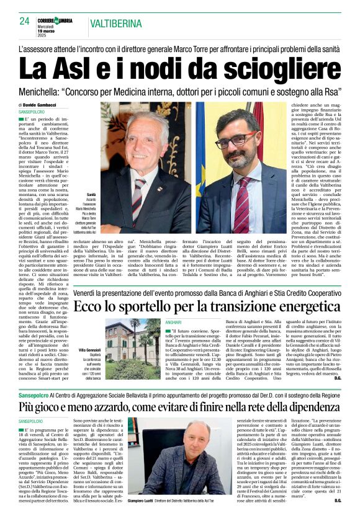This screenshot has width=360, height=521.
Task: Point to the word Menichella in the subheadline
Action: click(x=47, y=92)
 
